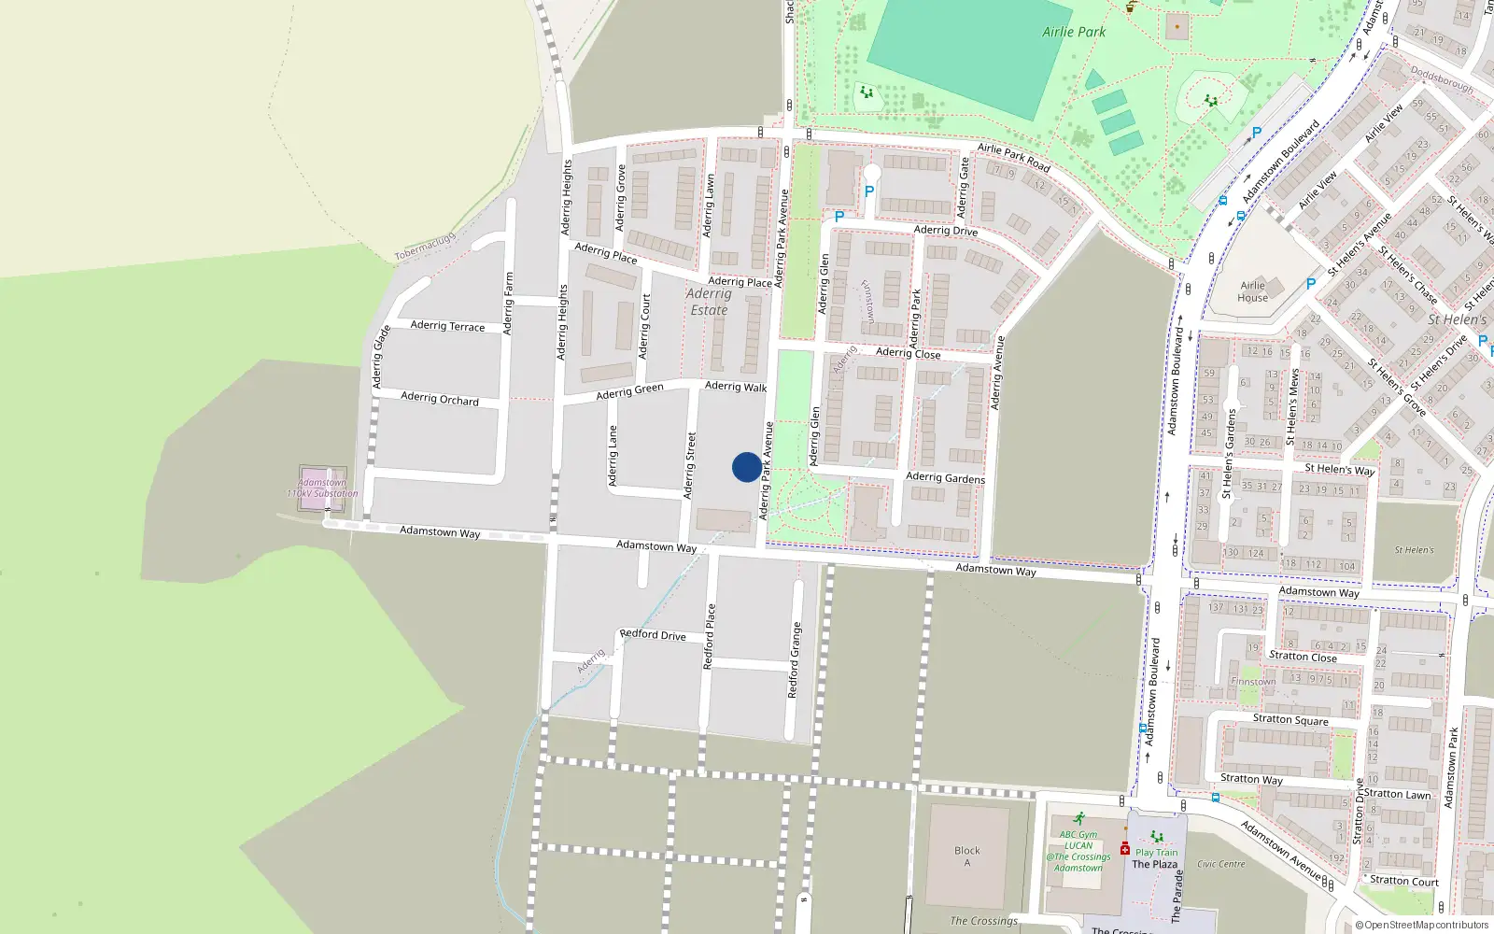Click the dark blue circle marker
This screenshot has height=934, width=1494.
pos(746,467)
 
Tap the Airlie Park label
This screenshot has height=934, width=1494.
pos(1074,32)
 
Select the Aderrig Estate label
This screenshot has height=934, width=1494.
pos(709,302)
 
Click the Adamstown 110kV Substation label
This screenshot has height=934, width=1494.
pos(322,488)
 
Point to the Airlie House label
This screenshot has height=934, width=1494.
pos(1252,291)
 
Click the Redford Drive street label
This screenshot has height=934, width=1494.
pos(653,634)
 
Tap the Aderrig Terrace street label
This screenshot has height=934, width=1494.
pos(447,325)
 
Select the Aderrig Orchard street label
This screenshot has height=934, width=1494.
pos(440,399)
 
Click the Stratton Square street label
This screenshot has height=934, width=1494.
pos(1290,719)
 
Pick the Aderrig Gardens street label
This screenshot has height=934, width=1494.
pos(945,477)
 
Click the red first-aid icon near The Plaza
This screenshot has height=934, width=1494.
pos(1125,849)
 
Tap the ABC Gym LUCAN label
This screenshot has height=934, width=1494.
pos(1078,840)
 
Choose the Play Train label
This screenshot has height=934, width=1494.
pos(1157,852)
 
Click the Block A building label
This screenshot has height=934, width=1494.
pos(967,856)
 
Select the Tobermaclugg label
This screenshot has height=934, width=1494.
pos(425,247)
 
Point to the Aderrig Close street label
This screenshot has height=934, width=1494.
pos(908,352)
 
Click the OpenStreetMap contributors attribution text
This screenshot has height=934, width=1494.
pos(1422,925)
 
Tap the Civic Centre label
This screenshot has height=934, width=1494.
pos(1220,864)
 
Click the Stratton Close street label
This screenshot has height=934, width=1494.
pos(1303,657)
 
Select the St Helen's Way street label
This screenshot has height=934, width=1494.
pos(1339,469)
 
